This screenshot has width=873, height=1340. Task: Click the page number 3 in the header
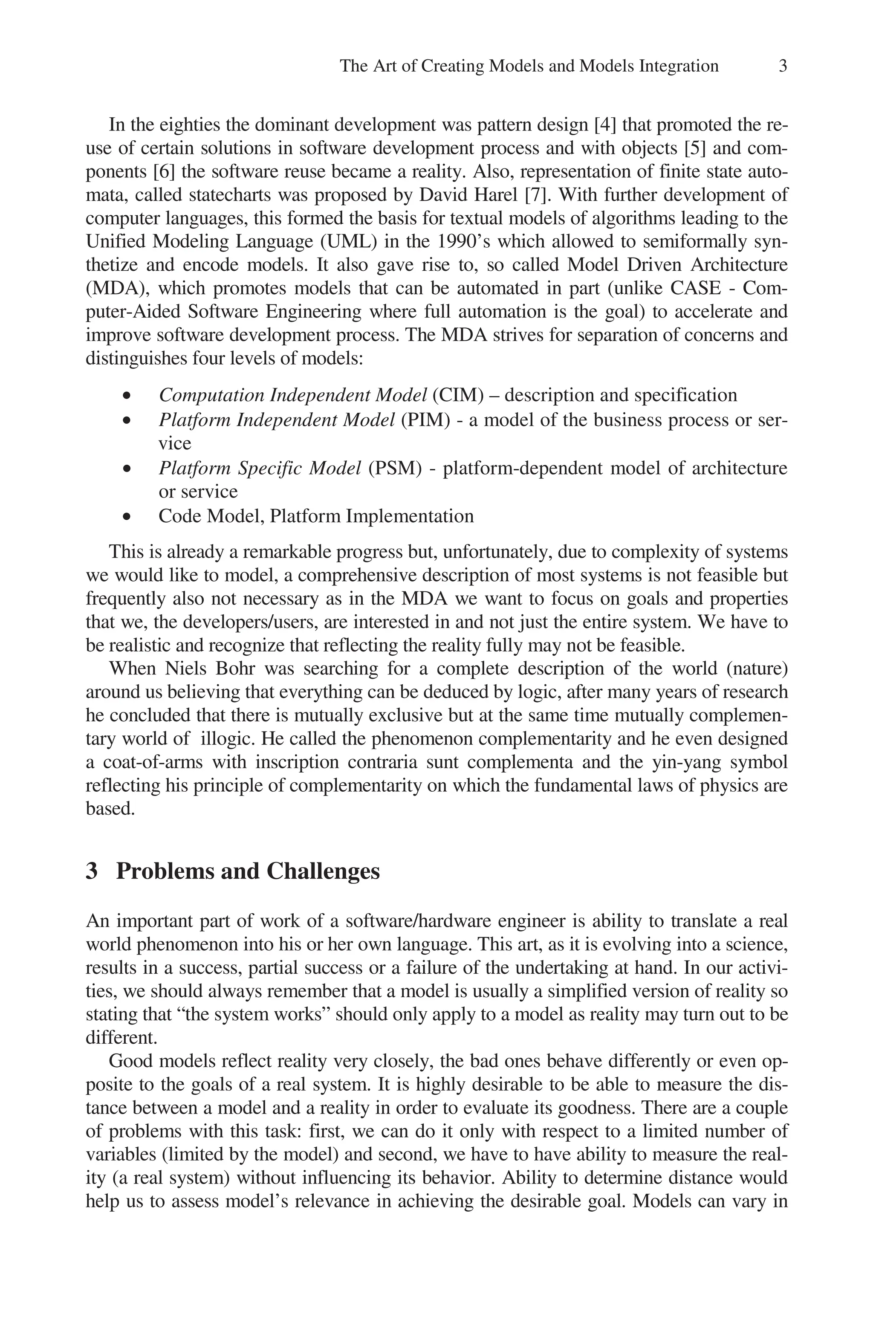(782, 67)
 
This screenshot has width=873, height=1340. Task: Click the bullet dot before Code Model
(128, 516)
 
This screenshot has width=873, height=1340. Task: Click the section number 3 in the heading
(92, 871)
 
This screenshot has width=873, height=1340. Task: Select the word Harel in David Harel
(495, 195)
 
